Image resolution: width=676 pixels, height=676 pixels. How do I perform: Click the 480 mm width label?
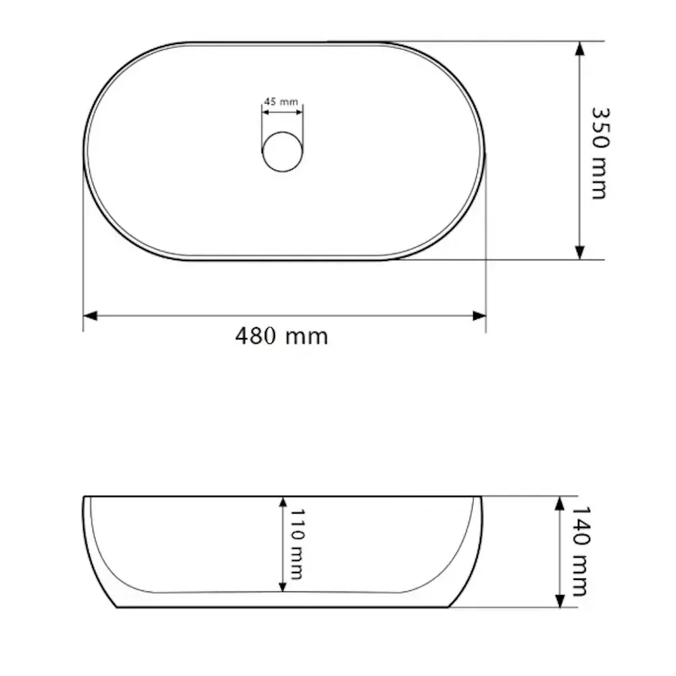281,336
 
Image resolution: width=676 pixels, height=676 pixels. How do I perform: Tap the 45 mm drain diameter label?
281,101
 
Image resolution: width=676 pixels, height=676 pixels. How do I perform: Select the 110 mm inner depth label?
296,545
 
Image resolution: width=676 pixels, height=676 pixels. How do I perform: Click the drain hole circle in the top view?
283,151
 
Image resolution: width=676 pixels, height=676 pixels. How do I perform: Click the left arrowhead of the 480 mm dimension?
91,316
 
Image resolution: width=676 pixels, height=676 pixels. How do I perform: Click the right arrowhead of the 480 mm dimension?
479,316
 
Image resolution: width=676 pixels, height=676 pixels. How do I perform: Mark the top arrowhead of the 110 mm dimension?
282,504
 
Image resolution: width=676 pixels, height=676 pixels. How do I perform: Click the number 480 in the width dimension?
256,336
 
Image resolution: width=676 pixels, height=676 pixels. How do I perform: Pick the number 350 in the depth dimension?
599,128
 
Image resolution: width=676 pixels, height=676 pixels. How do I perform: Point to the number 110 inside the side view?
296,524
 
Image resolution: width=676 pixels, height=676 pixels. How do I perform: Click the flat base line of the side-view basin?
284,607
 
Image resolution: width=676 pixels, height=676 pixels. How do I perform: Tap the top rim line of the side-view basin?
203,496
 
